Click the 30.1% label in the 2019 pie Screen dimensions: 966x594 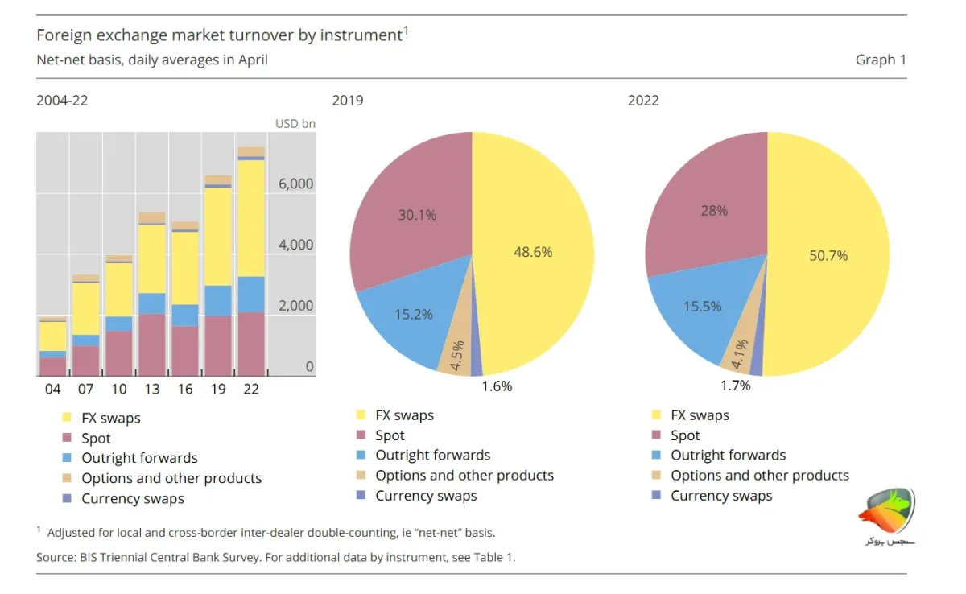tap(417, 215)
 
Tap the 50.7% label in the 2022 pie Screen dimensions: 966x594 tap(828, 256)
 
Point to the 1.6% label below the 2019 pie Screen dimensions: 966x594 tap(497, 386)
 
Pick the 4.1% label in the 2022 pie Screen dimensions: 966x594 tap(740, 354)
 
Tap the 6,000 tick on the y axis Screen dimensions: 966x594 tap(296, 184)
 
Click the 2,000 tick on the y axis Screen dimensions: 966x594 tap(296, 306)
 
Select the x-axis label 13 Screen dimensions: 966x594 tap(152, 390)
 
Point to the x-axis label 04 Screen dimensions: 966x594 tap(52, 390)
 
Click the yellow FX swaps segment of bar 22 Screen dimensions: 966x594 tap(251, 218)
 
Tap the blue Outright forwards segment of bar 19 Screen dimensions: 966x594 tap(218, 301)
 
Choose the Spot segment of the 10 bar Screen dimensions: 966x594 tap(119, 353)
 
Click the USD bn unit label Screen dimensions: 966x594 tap(295, 124)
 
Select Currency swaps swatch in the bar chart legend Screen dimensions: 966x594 tap(67, 498)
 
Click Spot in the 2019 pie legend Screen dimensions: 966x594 tap(390, 435)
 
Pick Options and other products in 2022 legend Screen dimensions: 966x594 tap(760, 476)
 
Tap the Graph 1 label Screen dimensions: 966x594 tap(881, 60)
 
